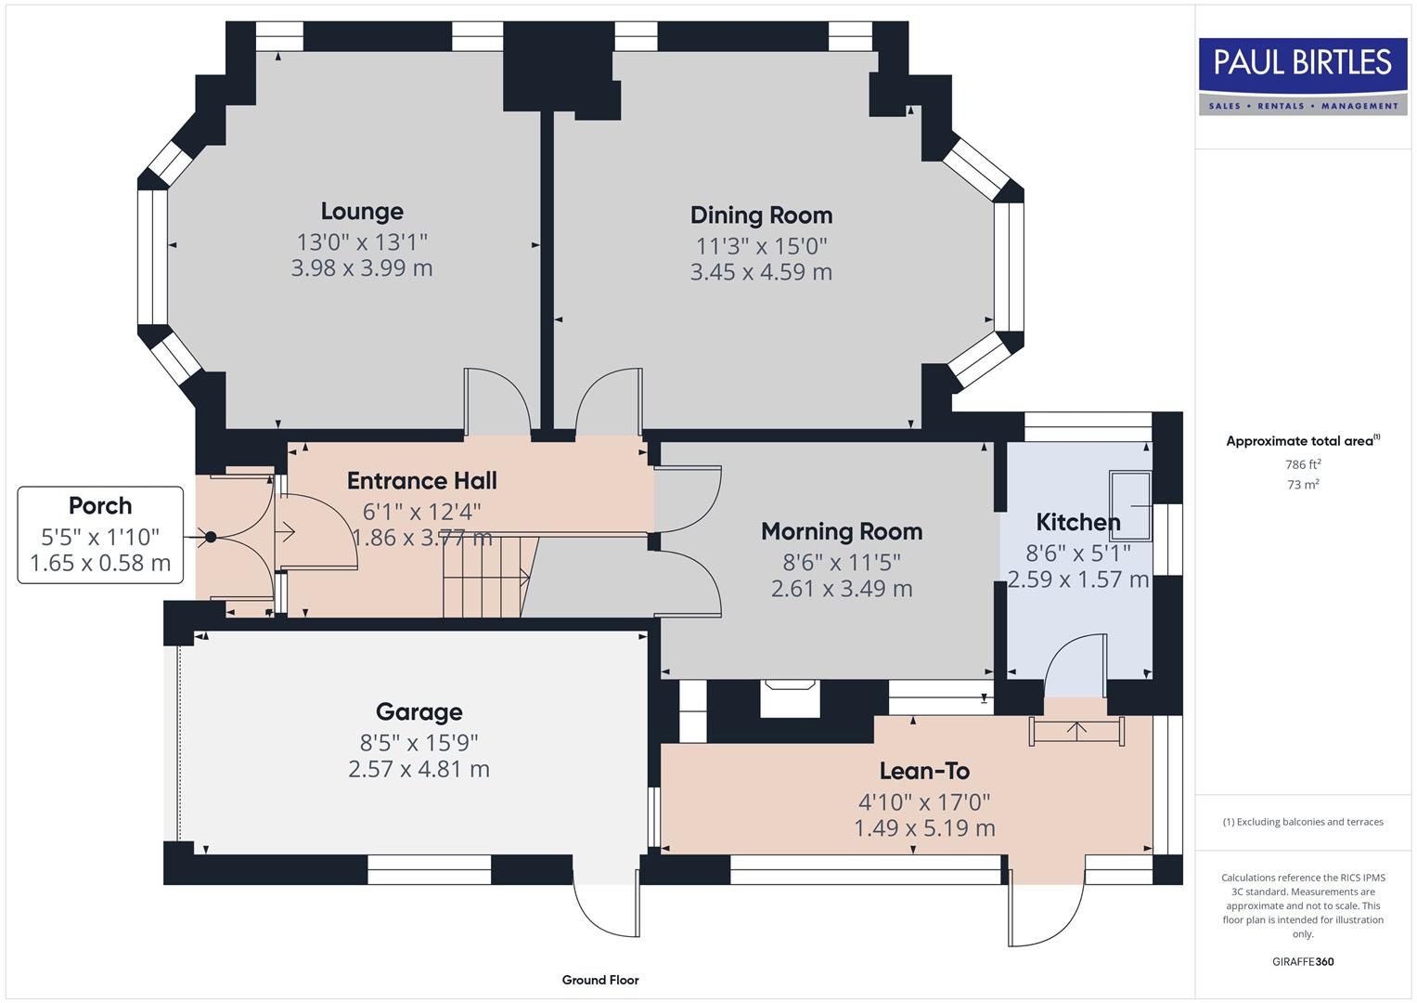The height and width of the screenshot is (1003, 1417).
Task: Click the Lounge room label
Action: pos(362,212)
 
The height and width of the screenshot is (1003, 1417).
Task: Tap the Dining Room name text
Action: pos(761,215)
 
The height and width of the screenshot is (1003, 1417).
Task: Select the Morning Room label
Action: pos(842,532)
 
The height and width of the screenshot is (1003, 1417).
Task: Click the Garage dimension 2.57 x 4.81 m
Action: pos(419,769)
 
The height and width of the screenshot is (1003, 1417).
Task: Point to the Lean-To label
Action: pos(924,772)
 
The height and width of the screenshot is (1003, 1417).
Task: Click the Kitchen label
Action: pos(1077,523)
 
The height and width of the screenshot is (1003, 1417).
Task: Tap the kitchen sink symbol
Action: pos(1129,504)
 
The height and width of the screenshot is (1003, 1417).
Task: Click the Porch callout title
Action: pos(100,506)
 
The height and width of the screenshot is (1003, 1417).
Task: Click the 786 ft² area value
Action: pos(1303,464)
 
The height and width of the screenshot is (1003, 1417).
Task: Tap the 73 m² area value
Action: pos(1303,485)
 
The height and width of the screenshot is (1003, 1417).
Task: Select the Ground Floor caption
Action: pos(600,980)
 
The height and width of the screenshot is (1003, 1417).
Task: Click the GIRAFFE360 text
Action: pos(1303,962)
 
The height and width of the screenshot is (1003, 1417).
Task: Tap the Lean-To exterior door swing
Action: pos(1047,915)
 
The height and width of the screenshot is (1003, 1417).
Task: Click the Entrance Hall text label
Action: pos(422,481)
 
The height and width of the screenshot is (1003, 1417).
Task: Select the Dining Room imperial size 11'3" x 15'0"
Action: pos(761,246)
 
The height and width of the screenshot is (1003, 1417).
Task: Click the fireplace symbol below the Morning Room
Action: pos(789,697)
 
